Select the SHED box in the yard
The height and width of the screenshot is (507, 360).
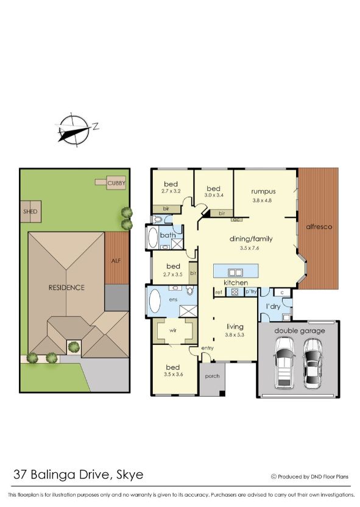click(30, 211)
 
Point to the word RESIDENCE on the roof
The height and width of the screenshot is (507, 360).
click(67, 287)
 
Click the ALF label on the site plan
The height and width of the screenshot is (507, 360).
click(116, 260)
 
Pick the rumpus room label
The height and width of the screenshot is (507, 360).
click(263, 191)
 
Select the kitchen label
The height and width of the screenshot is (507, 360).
click(235, 283)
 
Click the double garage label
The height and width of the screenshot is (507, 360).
click(299, 331)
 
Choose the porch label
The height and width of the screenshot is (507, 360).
click(212, 375)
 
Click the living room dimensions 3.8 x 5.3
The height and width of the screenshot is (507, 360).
click(235, 335)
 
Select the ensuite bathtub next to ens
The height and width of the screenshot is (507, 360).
click(155, 301)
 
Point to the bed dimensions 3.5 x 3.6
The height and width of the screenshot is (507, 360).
click(174, 374)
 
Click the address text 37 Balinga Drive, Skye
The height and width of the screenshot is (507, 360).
click(79, 473)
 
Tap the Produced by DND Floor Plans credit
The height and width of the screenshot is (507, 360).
click(311, 476)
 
